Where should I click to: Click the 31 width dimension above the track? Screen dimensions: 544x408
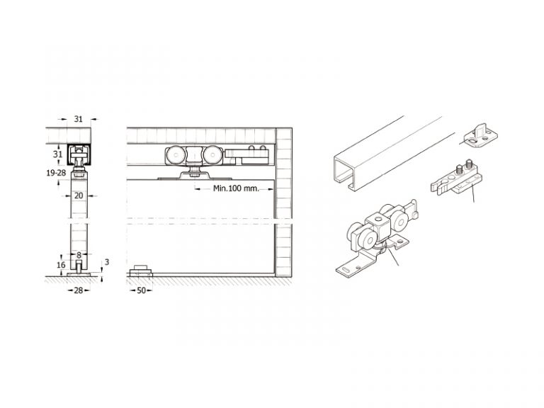click(x=79, y=119)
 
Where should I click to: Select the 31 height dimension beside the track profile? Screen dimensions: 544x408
click(x=57, y=154)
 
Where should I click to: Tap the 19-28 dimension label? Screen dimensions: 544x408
click(x=56, y=173)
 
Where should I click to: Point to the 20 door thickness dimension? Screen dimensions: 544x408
click(x=79, y=195)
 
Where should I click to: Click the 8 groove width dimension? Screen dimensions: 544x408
click(x=79, y=255)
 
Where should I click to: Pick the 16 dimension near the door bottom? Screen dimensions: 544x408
click(x=61, y=265)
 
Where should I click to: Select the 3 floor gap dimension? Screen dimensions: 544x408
click(x=107, y=262)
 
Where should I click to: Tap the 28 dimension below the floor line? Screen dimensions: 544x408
click(x=79, y=290)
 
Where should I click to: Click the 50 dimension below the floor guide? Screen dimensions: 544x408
click(x=141, y=290)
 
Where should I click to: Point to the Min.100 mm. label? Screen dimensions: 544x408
click(x=236, y=188)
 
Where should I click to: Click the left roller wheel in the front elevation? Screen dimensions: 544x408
click(x=174, y=155)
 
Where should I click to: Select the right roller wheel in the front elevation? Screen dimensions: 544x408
click(x=212, y=155)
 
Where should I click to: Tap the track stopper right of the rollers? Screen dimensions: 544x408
click(x=246, y=155)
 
